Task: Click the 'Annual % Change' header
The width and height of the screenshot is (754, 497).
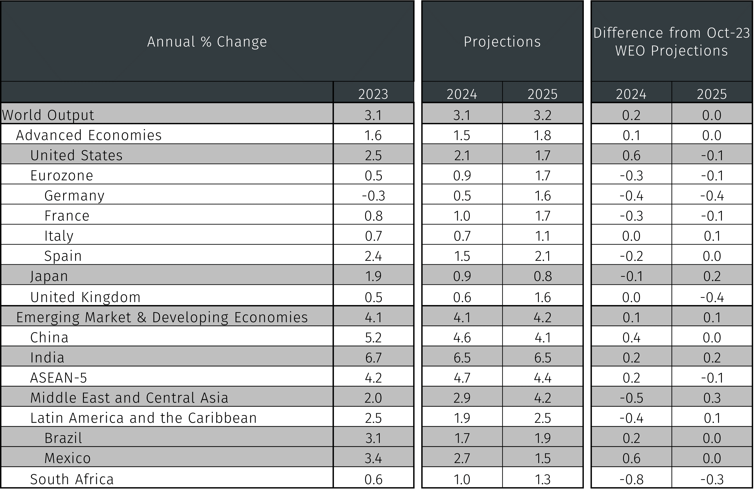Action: [207, 42]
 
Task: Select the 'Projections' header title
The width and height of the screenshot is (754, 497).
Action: [502, 42]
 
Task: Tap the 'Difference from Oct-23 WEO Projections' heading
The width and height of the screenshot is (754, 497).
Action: [671, 42]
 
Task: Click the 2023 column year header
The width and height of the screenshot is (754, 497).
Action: [373, 94]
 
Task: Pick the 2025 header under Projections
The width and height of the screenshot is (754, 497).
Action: [542, 94]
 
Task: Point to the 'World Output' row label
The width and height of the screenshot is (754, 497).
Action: [48, 115]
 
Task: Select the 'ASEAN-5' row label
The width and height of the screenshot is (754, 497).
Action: [58, 377]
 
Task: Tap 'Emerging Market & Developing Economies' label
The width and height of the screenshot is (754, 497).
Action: [162, 317]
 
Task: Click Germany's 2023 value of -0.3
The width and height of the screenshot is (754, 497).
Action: [373, 196]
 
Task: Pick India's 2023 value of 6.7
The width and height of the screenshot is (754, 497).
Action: [373, 358]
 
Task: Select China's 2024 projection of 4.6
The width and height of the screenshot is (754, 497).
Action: [462, 337]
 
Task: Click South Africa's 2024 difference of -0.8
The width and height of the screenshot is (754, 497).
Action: [632, 479]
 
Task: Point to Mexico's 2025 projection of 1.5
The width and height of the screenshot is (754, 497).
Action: [542, 458]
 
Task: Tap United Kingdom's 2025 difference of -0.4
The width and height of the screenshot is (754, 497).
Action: [712, 297]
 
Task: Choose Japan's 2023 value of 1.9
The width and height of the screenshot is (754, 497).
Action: [373, 276]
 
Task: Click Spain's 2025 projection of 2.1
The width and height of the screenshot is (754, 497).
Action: [542, 256]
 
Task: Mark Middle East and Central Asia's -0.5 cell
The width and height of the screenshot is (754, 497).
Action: [632, 398]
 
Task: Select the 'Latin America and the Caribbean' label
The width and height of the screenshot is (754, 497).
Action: [144, 418]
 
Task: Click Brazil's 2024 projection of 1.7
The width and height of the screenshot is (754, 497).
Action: [462, 438]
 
